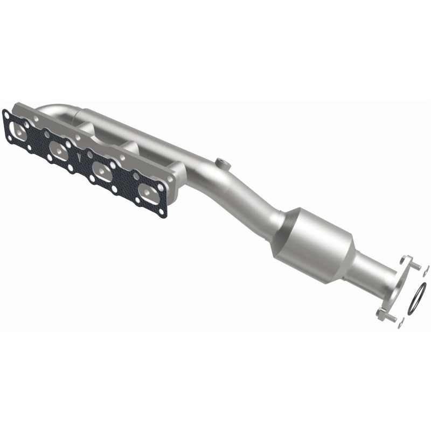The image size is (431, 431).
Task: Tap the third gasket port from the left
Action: [101, 172]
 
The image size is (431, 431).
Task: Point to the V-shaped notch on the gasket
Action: [80, 157]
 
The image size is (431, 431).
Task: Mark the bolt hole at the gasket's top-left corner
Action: [6, 114]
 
